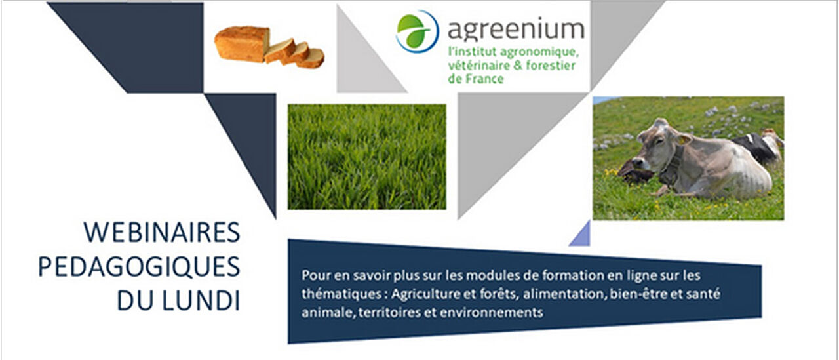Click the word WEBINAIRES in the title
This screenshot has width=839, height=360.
(x=162, y=233)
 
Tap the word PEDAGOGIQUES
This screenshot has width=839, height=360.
(x=139, y=267)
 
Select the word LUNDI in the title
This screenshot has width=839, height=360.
(x=202, y=300)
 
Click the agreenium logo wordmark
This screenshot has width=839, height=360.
(x=516, y=30)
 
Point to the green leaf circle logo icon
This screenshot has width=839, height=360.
(x=418, y=31)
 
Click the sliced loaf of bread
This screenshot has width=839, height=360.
(x=269, y=47)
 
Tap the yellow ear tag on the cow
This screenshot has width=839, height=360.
(x=684, y=140)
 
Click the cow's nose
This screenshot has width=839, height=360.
(x=636, y=163)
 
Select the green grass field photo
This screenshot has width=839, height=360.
(x=367, y=157)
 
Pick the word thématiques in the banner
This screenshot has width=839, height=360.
(x=342, y=294)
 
